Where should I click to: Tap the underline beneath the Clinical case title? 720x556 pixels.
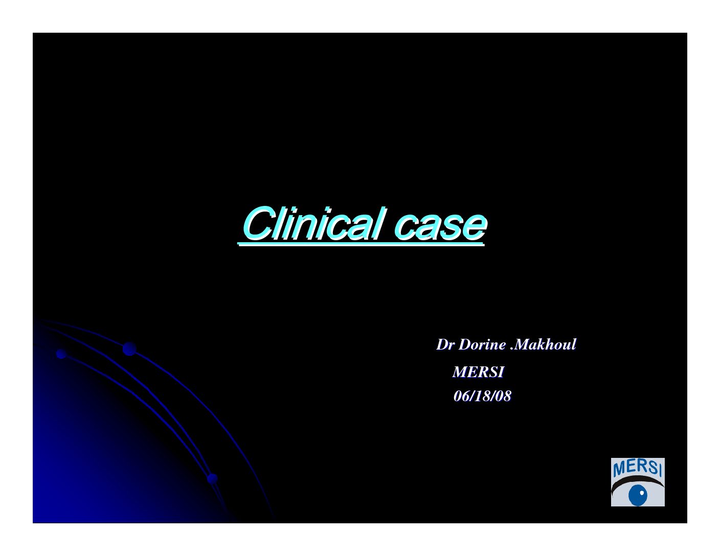pos(361,244)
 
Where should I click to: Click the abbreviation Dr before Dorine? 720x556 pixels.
pos(445,344)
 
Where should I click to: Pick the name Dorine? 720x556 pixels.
pos(482,344)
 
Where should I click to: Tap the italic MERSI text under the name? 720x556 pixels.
pos(479,372)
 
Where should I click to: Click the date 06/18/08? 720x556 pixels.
pos(482,396)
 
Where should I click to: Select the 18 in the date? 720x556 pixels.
pos(482,396)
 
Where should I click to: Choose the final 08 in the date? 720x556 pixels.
pos(503,396)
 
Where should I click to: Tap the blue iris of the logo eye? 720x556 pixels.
pos(638,495)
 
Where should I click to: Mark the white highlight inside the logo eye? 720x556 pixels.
pos(642,493)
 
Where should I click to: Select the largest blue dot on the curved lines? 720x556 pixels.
pos(129,349)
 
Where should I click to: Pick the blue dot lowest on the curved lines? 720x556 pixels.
pos(212,478)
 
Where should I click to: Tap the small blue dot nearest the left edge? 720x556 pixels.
pos(61,354)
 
